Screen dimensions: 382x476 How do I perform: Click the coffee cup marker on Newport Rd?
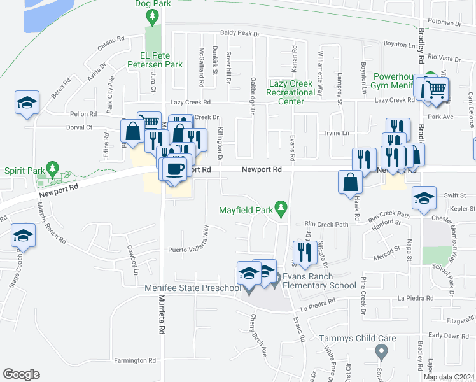(174, 169)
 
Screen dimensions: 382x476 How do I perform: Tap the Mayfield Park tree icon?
(281, 209)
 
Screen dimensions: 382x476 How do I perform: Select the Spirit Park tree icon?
(53, 170)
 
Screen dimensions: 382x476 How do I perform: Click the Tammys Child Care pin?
(382, 351)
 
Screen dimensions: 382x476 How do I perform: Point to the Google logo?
(21, 374)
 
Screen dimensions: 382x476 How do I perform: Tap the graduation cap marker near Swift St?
(424, 197)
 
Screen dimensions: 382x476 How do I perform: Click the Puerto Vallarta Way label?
(189, 250)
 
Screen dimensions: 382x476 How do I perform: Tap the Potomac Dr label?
(444, 22)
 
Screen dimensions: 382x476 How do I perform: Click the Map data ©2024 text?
(449, 377)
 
